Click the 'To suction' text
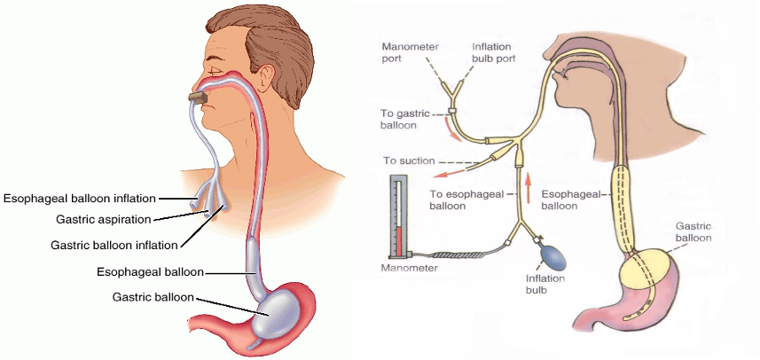coord(409,161)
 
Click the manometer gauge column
coord(398,217)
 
